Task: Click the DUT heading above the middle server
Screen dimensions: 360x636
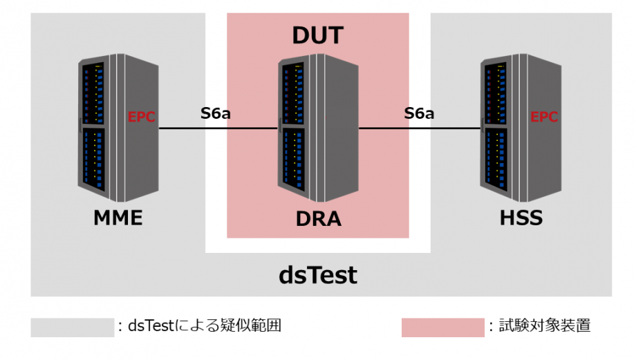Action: [x=317, y=35]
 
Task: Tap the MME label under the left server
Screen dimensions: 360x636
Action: [x=118, y=218]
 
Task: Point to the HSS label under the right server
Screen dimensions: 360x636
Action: [x=521, y=218]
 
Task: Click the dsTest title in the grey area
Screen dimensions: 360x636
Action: [x=318, y=275]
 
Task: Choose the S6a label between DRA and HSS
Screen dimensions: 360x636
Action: [x=420, y=113]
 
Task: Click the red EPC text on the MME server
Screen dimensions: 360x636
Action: [x=141, y=117]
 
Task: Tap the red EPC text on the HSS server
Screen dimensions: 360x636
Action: [x=544, y=117]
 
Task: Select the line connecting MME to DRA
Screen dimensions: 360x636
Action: [x=218, y=129]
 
